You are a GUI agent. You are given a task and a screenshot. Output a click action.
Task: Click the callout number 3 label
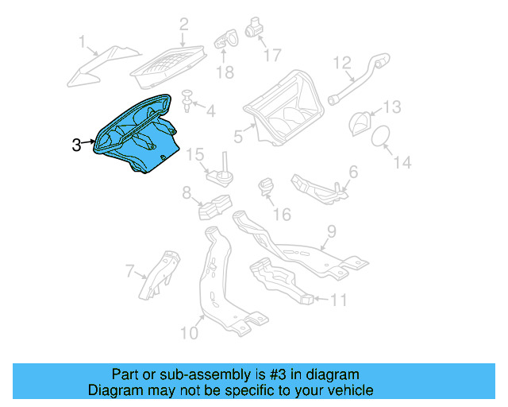[76, 145]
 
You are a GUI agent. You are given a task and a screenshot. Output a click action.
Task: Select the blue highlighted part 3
[135, 135]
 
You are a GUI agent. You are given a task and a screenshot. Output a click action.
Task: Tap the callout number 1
[82, 40]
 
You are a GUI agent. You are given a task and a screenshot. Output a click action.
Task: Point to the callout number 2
[183, 25]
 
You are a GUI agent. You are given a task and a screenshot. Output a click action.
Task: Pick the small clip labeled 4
[187, 99]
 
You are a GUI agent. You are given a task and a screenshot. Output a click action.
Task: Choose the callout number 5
[237, 136]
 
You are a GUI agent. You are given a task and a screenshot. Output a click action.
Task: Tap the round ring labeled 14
[381, 136]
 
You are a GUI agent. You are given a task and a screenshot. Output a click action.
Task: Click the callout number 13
[393, 107]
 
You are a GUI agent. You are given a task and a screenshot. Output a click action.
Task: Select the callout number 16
[282, 215]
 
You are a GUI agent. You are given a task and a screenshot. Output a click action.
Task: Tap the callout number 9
[332, 232]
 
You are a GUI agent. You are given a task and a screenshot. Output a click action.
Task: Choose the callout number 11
[338, 300]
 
